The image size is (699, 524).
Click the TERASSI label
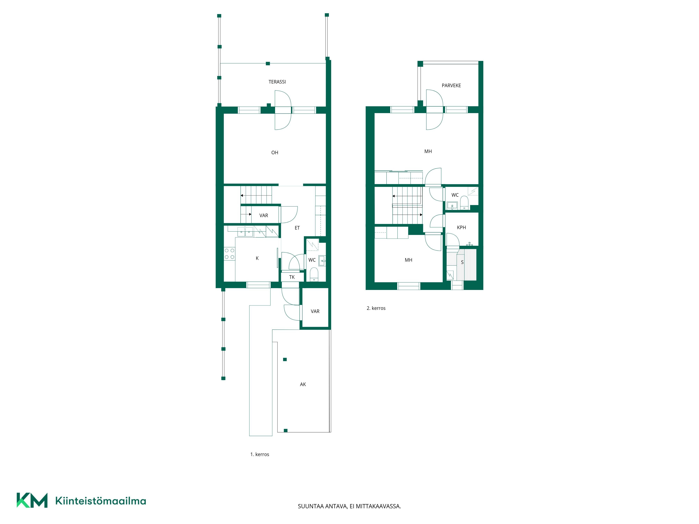point(277,82)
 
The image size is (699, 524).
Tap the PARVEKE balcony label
point(451,86)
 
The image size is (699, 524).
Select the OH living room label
point(275,152)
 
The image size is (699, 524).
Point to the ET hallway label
point(297,228)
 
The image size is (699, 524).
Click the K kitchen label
point(257,258)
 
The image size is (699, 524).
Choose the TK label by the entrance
point(292,277)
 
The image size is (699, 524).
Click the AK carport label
point(303,384)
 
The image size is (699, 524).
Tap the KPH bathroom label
point(461,227)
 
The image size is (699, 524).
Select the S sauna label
point(462,262)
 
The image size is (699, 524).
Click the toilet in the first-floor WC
point(314,274)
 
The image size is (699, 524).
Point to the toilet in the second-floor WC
point(464,202)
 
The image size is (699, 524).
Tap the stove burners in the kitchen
point(229,254)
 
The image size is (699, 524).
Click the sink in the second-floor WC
point(452,206)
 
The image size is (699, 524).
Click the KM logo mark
point(32,500)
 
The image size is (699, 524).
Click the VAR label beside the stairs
point(264,215)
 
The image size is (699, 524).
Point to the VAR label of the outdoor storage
point(315,311)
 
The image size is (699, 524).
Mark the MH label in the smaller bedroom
point(408,260)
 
